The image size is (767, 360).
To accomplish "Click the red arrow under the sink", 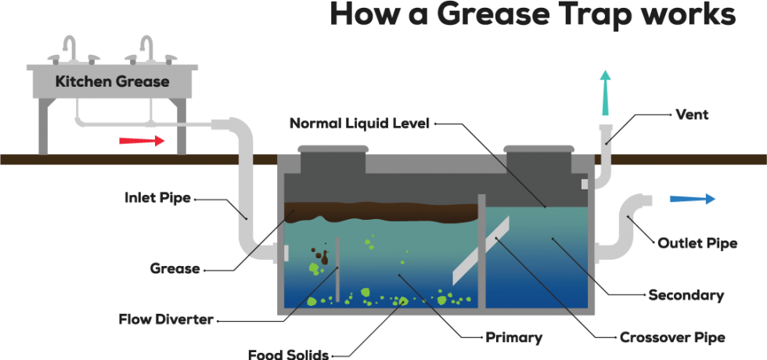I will point(142,141).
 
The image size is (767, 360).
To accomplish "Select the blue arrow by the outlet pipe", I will point(693,199).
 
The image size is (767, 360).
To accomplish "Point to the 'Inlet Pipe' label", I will point(157,198).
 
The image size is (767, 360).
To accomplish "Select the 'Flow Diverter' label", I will point(167,319).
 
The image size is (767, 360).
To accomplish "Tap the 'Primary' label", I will point(513,338).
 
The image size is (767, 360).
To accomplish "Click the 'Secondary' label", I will point(686,295).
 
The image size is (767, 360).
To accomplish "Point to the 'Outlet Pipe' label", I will point(697,243).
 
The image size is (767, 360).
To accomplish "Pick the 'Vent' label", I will point(691,115).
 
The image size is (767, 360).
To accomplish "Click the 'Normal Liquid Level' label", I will point(359,124).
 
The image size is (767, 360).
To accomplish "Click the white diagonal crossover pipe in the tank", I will point(481,250).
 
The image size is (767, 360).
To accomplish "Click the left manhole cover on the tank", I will point(332,148).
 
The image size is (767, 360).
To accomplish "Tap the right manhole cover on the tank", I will point(538,148).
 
